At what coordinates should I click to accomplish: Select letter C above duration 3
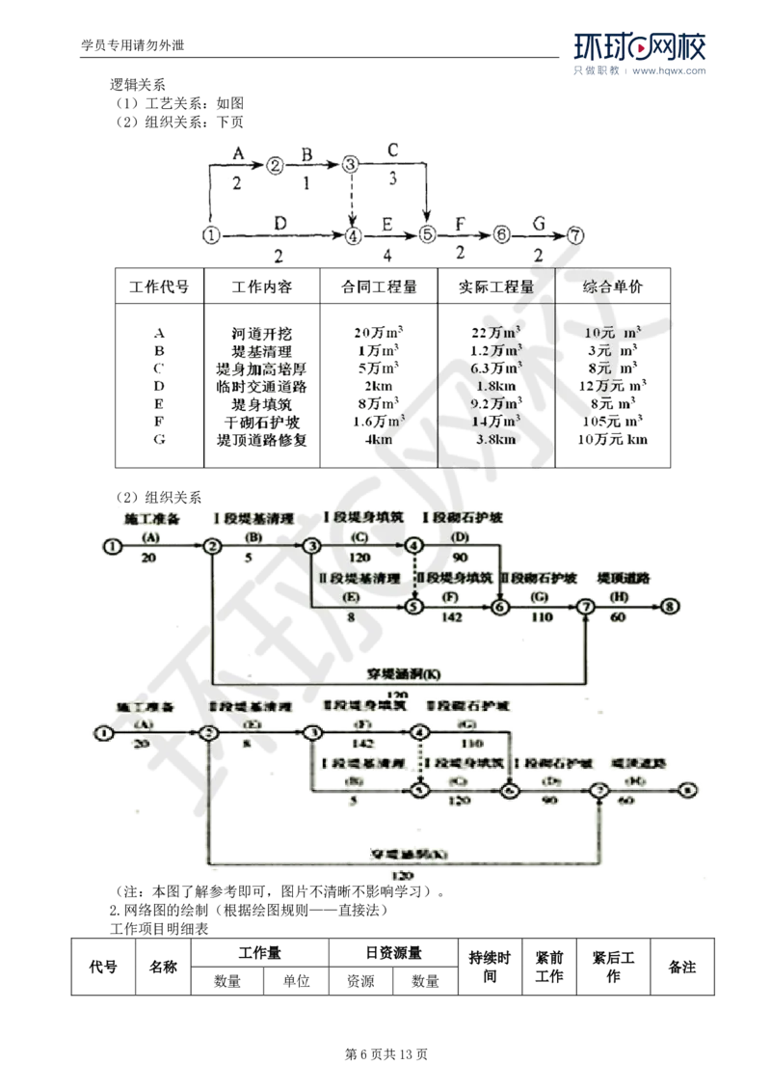point(392,150)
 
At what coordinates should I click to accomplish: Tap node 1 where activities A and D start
point(212,233)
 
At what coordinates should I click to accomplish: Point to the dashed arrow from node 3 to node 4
point(352,198)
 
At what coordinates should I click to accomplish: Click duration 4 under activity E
point(387,256)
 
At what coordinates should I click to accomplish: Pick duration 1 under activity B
point(307,180)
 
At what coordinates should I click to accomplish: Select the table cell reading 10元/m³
point(613,333)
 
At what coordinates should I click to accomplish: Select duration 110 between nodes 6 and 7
point(543,616)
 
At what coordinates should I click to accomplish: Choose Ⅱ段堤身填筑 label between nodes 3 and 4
point(362,706)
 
